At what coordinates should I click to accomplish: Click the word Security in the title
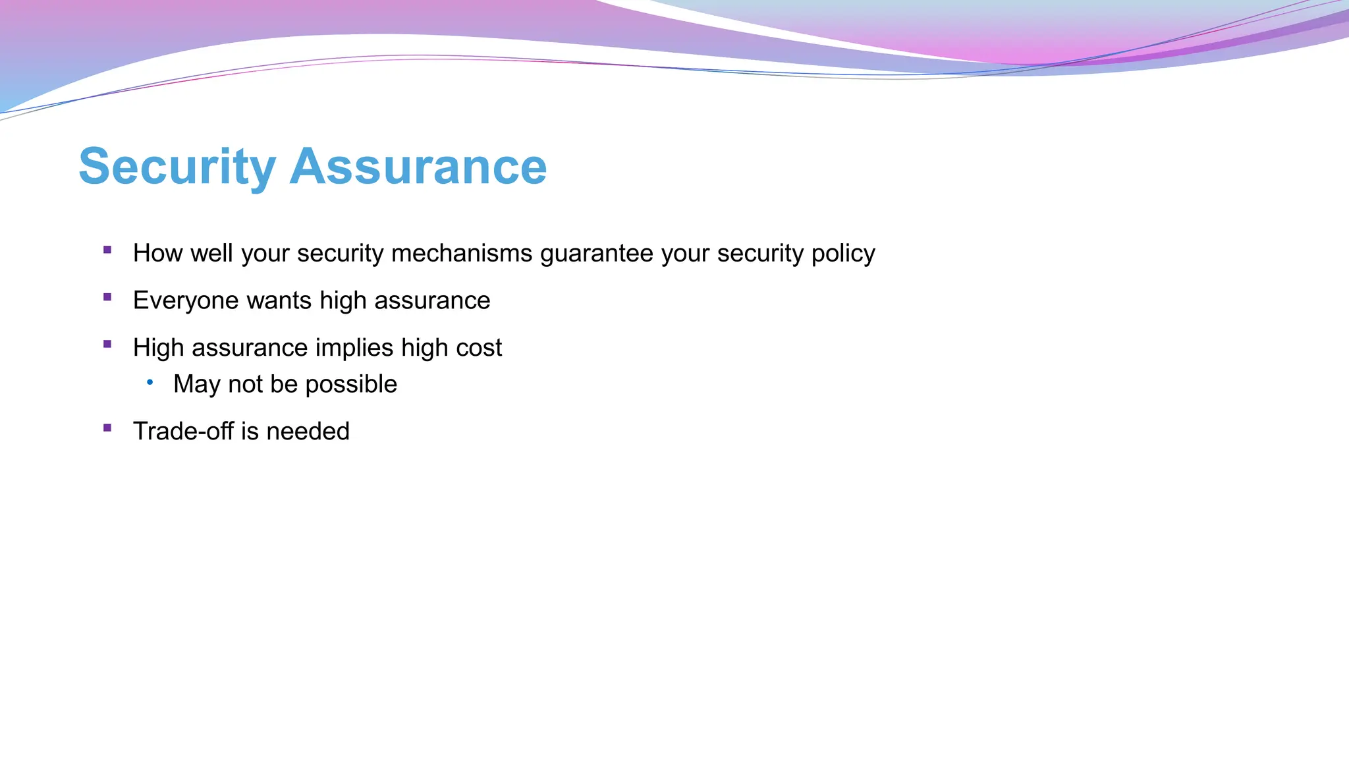177,167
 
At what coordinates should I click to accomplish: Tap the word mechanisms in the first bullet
461,253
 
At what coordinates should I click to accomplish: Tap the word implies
354,348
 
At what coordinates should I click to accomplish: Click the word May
196,385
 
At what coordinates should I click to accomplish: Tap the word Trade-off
183,432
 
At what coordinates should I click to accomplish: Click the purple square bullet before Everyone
107,297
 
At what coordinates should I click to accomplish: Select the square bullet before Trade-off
107,428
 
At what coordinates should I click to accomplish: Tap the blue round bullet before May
150,381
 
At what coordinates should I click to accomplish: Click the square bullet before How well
107,250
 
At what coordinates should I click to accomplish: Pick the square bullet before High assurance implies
107,344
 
